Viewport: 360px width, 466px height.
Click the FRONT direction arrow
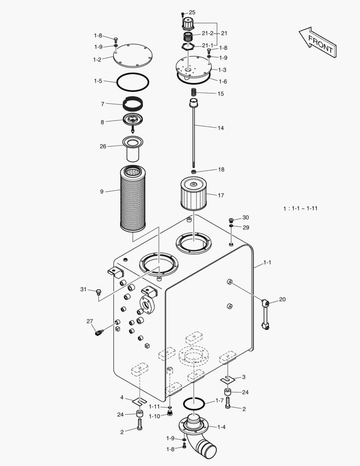point(317,42)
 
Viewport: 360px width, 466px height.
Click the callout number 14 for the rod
point(221,128)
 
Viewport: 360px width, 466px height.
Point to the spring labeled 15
point(194,93)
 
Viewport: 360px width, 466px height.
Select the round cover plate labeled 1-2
point(133,56)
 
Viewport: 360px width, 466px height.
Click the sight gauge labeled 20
point(264,315)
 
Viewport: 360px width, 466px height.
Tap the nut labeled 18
point(194,172)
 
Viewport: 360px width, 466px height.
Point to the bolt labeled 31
point(98,292)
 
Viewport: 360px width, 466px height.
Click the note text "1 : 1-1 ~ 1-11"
point(300,208)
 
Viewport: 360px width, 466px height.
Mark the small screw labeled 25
point(183,13)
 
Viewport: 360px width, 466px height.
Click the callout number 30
point(245,217)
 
